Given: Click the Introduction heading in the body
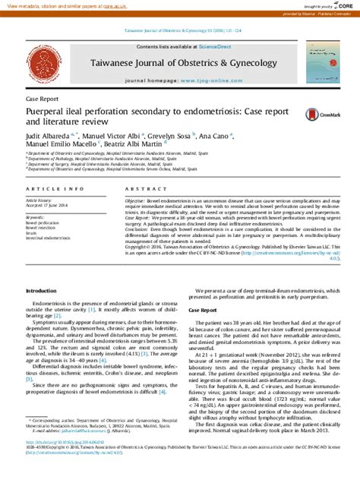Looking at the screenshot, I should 41,270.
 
